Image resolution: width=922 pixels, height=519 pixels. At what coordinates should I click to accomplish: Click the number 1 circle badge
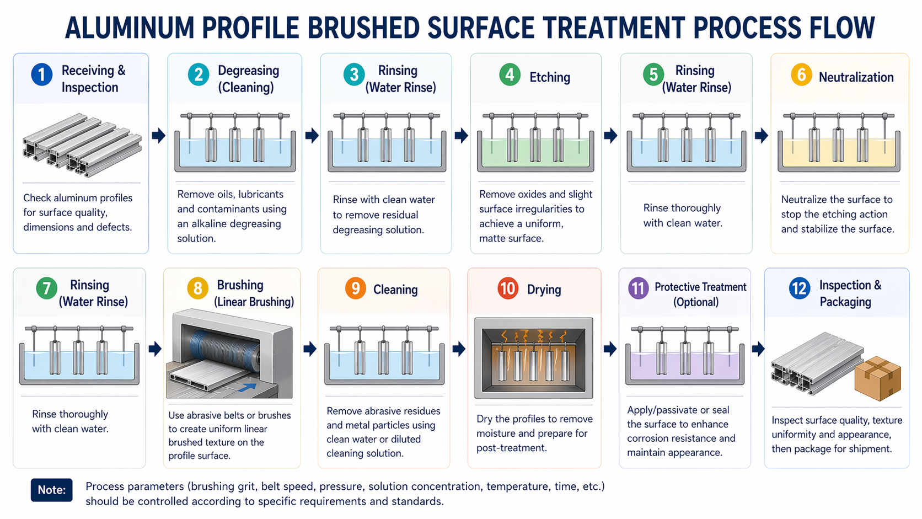click(x=41, y=74)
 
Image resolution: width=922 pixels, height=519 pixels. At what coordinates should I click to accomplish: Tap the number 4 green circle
click(x=510, y=75)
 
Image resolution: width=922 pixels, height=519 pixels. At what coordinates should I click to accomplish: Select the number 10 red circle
click(x=508, y=288)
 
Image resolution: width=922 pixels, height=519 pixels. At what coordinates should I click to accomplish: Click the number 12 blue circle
click(x=800, y=288)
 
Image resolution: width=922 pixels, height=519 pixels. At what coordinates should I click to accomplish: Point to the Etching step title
click(x=549, y=77)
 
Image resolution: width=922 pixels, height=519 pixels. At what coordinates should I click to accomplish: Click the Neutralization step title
click(x=856, y=77)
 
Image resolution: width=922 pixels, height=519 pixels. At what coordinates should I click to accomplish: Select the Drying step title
click(x=544, y=290)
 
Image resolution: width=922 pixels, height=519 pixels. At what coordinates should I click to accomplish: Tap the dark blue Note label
click(x=51, y=490)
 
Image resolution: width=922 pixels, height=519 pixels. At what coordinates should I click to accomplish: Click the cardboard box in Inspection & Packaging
click(x=877, y=378)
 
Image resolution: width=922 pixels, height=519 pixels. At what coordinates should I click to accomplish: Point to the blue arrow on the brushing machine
click(x=247, y=387)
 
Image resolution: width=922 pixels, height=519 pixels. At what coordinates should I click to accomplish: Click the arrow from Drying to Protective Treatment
click(x=610, y=349)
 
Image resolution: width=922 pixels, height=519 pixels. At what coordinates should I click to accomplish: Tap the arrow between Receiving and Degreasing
click(x=158, y=135)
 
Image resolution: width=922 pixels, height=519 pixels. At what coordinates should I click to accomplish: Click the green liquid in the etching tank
click(x=535, y=153)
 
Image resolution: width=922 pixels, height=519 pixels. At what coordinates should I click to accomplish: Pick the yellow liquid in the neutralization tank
click(x=839, y=153)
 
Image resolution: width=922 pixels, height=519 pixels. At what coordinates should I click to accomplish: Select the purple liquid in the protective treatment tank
click(x=685, y=366)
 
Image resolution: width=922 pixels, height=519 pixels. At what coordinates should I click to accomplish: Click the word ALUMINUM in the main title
click(x=130, y=28)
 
